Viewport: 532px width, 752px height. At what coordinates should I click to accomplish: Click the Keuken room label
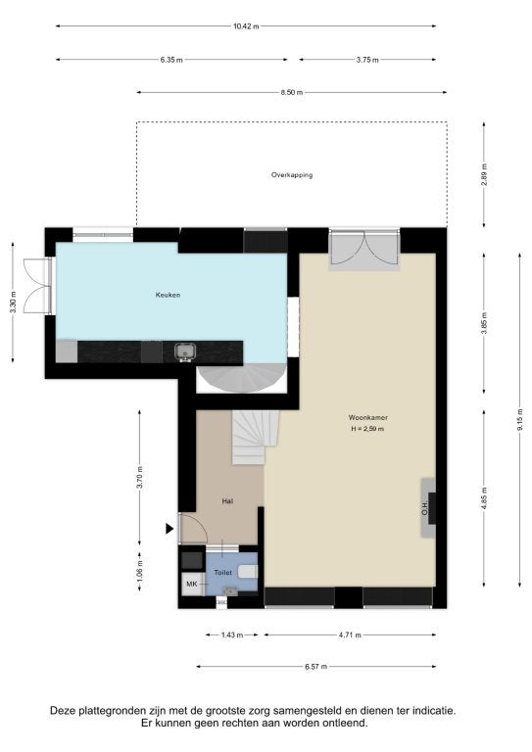click(168, 295)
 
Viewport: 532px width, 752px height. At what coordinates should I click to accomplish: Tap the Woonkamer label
click(368, 418)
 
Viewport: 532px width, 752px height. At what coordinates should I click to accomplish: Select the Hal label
click(227, 501)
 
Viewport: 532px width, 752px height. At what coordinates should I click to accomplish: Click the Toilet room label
click(222, 573)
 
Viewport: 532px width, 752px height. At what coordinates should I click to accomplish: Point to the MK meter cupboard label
click(191, 585)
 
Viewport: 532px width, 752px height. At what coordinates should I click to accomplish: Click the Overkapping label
click(292, 175)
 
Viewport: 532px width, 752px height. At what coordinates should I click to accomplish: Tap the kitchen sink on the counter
click(185, 352)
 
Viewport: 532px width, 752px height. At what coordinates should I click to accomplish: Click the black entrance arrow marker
click(169, 529)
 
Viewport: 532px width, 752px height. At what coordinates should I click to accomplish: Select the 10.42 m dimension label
click(246, 26)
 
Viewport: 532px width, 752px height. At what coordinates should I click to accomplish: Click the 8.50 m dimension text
click(292, 93)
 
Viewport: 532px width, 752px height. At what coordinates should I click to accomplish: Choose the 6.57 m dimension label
click(315, 667)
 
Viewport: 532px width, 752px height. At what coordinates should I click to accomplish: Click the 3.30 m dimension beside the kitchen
click(13, 303)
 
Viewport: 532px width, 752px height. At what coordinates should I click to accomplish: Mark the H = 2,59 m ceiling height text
click(367, 429)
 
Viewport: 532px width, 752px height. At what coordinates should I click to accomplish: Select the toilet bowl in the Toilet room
click(248, 571)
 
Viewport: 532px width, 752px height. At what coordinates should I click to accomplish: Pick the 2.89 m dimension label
click(484, 174)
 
